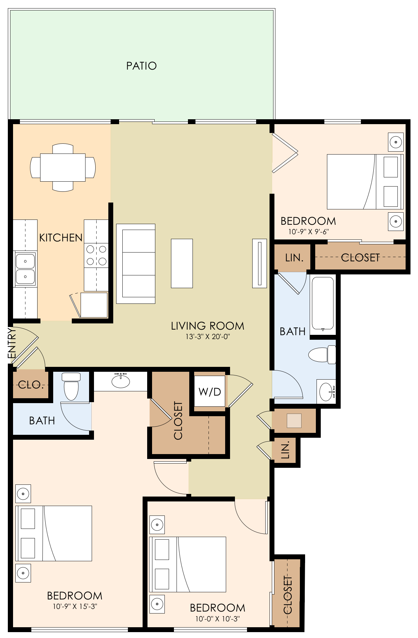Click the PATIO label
pyautogui.click(x=141, y=66)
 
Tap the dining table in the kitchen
pyautogui.click(x=63, y=168)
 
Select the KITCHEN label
pyautogui.click(x=61, y=237)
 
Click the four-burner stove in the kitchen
pyautogui.click(x=96, y=255)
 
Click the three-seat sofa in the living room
pyautogui.click(x=136, y=264)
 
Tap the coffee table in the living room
pyautogui.click(x=182, y=263)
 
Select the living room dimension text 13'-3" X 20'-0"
pyautogui.click(x=208, y=336)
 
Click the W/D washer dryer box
pyautogui.click(x=209, y=391)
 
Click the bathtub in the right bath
pyautogui.click(x=323, y=303)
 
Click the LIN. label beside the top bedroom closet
pyautogui.click(x=294, y=258)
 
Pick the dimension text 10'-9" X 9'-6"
pyautogui.click(x=308, y=232)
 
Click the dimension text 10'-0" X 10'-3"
pyautogui.click(x=217, y=619)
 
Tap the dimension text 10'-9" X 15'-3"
pyautogui.click(x=75, y=607)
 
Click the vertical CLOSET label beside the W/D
pyautogui.click(x=178, y=420)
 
